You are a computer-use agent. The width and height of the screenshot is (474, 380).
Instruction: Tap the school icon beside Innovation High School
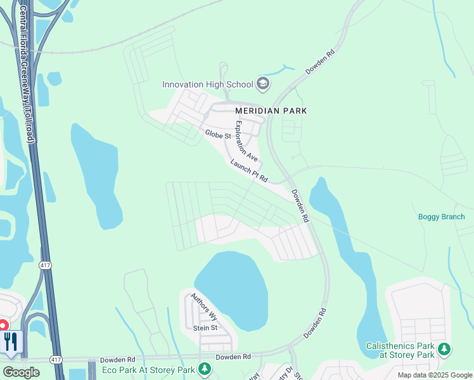click(263, 84)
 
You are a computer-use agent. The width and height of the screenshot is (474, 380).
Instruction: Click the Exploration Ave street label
click(247, 141)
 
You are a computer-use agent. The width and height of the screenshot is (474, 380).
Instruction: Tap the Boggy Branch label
click(441, 217)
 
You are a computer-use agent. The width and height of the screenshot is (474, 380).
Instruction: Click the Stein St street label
click(205, 327)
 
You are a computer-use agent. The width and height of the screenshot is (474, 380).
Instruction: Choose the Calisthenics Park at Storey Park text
click(400, 350)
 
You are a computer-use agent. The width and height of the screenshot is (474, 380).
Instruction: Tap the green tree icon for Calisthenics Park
click(445, 348)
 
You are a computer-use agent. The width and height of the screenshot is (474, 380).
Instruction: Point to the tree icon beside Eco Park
click(204, 368)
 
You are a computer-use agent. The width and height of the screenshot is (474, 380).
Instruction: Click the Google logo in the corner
click(21, 372)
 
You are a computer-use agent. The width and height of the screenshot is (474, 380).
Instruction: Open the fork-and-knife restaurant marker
click(11, 342)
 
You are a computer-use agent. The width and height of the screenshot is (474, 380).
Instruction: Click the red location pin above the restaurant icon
click(2, 325)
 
